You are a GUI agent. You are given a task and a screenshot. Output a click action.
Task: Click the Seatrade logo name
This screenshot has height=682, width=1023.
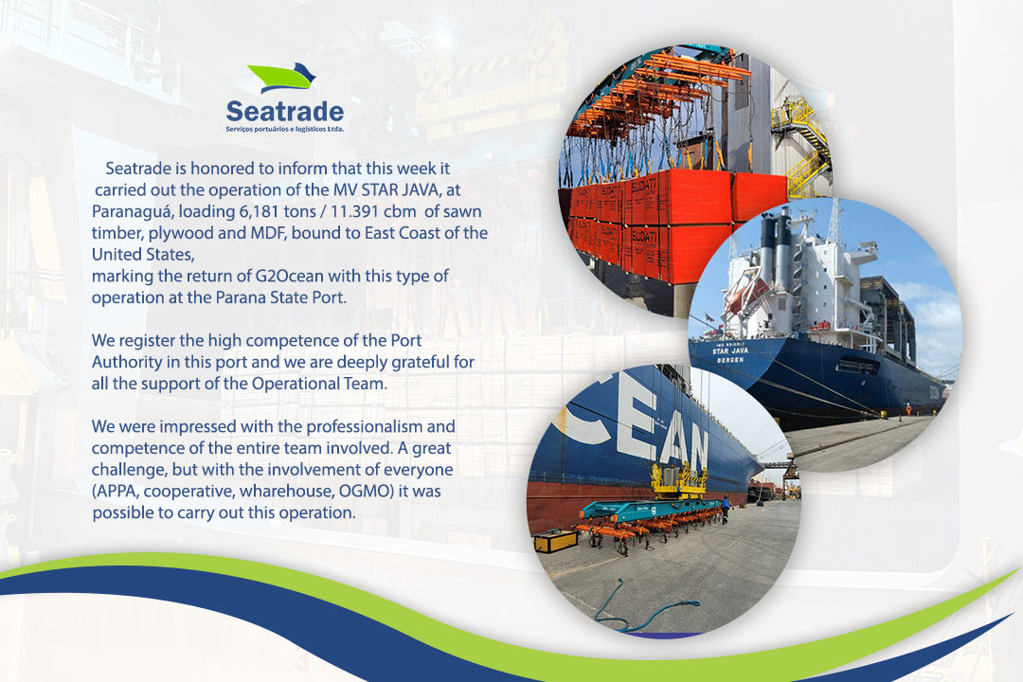(x=284, y=112)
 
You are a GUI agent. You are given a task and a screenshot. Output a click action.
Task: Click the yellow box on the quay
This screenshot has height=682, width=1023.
(x=555, y=541)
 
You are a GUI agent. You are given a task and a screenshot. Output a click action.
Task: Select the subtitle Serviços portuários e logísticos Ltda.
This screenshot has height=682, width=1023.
(x=284, y=129)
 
